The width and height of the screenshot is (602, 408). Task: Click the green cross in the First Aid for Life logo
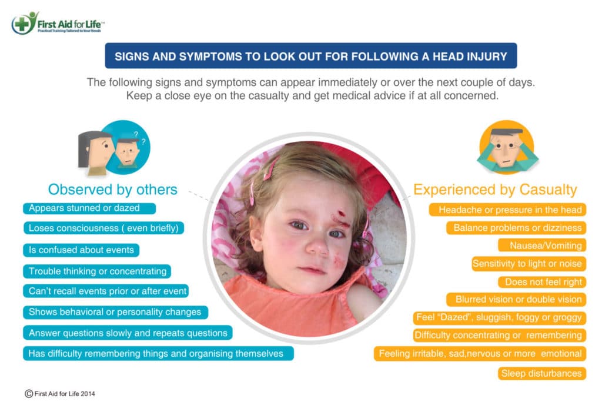tap(22, 24)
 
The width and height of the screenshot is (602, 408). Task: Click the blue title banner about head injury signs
tap(311, 56)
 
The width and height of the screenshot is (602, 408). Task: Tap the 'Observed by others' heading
tap(112, 190)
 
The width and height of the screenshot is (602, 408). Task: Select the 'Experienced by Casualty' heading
tap(495, 190)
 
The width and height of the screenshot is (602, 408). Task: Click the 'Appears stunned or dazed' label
tap(89, 208)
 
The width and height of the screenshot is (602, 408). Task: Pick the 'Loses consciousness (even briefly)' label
tap(103, 228)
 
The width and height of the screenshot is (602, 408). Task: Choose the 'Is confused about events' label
tap(81, 250)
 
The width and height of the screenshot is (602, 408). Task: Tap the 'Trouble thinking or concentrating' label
tap(97, 271)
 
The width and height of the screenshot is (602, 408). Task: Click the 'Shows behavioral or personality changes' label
tap(116, 312)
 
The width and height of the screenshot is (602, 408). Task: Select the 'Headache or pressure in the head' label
tap(507, 210)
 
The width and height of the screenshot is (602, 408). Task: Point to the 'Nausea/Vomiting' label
tap(542, 246)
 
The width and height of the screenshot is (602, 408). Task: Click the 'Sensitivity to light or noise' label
tap(529, 264)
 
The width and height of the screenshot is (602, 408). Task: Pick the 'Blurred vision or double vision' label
tap(516, 300)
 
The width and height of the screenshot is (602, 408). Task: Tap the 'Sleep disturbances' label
tap(542, 373)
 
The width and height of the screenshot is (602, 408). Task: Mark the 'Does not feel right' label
tap(542, 282)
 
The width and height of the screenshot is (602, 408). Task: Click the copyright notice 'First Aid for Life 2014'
tap(60, 394)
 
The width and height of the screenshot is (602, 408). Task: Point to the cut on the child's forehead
tap(340, 214)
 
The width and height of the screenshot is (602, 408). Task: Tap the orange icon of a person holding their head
tap(507, 146)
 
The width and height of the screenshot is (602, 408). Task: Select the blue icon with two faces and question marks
tap(114, 148)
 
